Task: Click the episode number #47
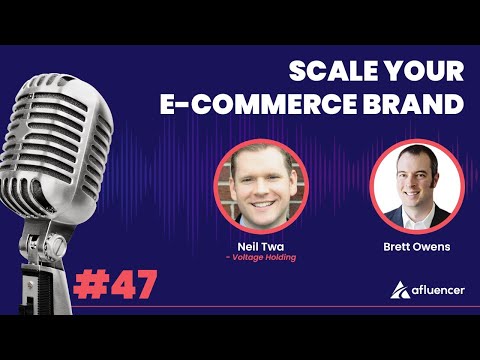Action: tap(114, 285)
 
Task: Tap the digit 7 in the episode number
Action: tap(143, 285)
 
